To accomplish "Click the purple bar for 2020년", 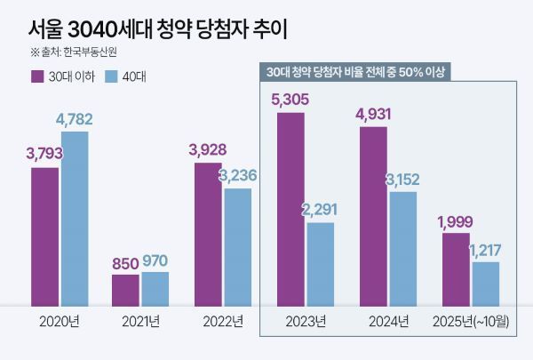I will coord(44,235).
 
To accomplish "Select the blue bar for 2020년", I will coord(75,217).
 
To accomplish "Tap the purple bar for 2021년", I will coord(125,288).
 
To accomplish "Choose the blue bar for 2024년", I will coord(402,247).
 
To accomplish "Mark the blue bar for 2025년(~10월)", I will coord(485,282).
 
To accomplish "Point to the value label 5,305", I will coord(290,100).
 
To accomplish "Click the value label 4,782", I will coord(74,119).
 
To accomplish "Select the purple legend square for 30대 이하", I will coord(37,76).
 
